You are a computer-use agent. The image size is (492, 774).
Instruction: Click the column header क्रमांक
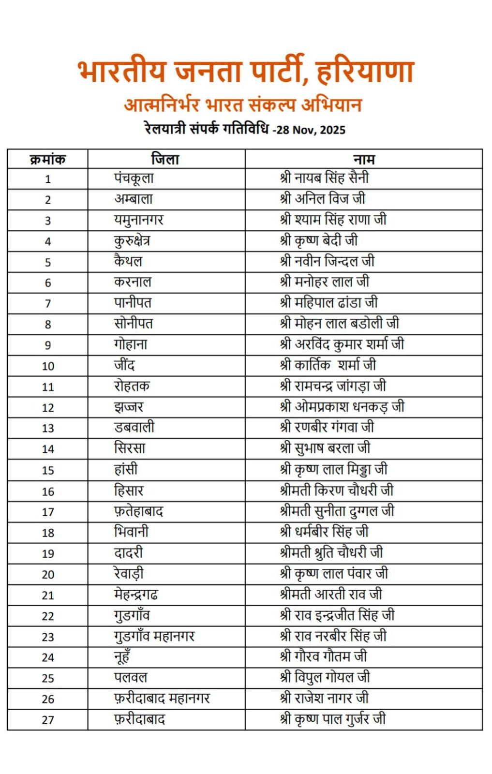47,159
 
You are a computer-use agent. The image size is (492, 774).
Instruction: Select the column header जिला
165,159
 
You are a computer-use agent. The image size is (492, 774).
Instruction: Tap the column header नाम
364,159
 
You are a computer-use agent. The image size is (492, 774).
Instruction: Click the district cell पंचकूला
134,178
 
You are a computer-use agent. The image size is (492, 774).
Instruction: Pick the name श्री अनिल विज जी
323,198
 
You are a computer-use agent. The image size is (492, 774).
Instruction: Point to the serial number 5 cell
47,262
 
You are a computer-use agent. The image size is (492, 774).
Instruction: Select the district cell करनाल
133,282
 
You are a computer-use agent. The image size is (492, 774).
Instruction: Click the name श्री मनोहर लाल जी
325,282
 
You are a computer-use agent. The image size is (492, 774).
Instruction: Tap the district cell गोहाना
131,344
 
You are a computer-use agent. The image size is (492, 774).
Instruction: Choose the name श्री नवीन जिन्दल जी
328,261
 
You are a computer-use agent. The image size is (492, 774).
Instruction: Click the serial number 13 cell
47,428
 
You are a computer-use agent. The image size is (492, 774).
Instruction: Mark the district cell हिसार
129,491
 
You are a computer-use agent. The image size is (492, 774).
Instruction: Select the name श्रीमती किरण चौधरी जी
337,491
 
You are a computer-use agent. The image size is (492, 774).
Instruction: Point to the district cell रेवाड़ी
129,574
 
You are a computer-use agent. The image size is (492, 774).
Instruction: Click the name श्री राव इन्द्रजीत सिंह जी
337,615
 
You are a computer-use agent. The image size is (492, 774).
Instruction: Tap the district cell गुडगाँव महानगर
154,636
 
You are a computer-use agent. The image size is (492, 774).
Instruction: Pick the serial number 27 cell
47,720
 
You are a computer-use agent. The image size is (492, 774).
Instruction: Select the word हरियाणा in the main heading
365,72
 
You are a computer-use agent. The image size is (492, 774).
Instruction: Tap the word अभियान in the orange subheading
331,105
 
